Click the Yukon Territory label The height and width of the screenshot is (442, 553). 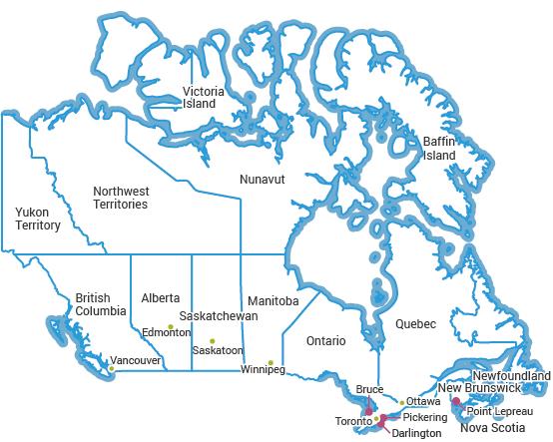pyautogui.click(x=38, y=219)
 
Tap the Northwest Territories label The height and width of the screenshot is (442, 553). pyautogui.click(x=120, y=198)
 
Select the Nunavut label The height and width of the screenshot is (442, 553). pyautogui.click(x=263, y=179)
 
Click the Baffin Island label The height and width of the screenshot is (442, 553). pyautogui.click(x=439, y=149)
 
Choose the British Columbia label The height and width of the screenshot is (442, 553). pyautogui.click(x=101, y=304)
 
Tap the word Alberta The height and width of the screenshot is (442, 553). pyautogui.click(x=161, y=297)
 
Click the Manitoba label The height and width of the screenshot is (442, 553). pyautogui.click(x=274, y=300)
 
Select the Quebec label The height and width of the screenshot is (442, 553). pyautogui.click(x=415, y=324)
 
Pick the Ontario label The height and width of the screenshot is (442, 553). pyautogui.click(x=325, y=340)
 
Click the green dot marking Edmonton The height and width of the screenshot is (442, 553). pyautogui.click(x=172, y=326)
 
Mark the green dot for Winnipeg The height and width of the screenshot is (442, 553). pyautogui.click(x=271, y=361)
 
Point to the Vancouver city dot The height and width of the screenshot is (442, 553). pyautogui.click(x=112, y=368)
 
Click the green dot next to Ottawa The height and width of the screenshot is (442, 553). pyautogui.click(x=401, y=402)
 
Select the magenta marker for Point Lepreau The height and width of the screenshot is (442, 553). pyautogui.click(x=456, y=402)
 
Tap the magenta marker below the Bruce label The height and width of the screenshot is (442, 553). pyautogui.click(x=368, y=410)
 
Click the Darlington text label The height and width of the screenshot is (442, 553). pyautogui.click(x=416, y=434)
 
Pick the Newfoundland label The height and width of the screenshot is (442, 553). pyautogui.click(x=511, y=375)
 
